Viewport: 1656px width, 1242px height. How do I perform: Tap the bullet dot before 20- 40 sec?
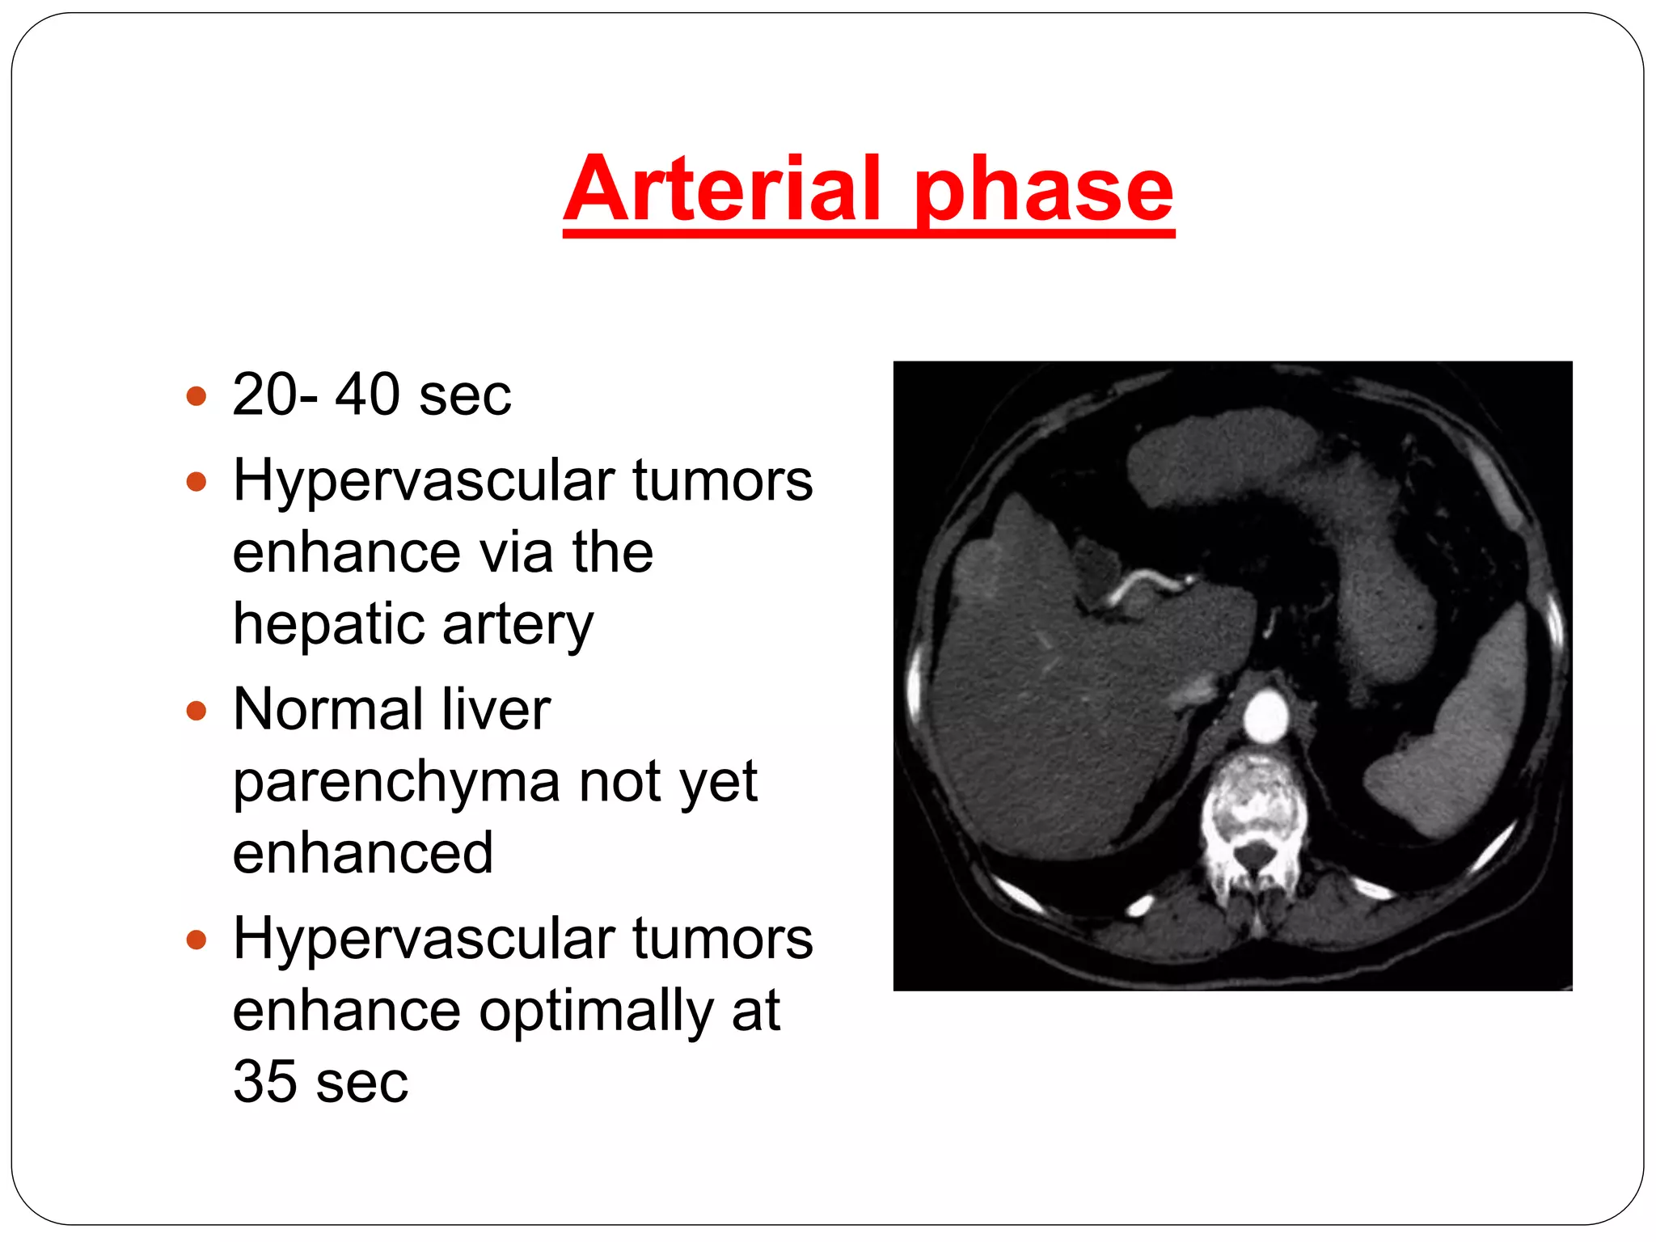(x=196, y=396)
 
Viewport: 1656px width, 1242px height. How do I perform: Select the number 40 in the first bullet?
(x=368, y=395)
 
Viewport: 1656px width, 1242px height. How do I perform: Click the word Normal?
(x=327, y=709)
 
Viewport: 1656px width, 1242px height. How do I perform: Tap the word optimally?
(x=596, y=1012)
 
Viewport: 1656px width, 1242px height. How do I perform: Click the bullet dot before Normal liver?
(x=196, y=711)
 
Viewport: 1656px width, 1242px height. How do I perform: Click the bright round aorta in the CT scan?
(x=1265, y=716)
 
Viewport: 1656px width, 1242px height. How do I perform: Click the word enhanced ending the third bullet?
(x=362, y=854)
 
